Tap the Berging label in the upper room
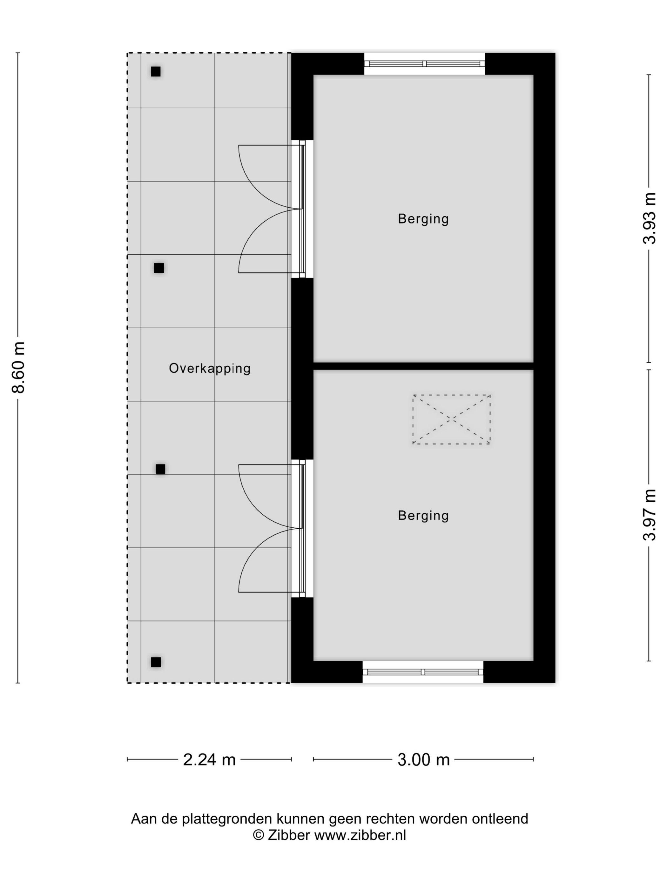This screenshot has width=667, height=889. coord(423,219)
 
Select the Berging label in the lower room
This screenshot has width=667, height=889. coord(423,515)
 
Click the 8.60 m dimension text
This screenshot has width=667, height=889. coord(18,367)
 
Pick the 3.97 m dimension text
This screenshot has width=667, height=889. coord(649,515)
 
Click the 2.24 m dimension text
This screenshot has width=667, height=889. coord(209,759)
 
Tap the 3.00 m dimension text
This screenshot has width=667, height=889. coord(423,759)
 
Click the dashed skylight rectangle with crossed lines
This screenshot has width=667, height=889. coord(451,419)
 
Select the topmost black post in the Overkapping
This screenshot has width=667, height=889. coord(156,71)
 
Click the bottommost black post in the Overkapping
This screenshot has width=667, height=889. coord(156,662)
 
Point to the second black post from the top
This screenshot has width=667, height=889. coord(159,268)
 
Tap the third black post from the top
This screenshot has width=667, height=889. coord(160,469)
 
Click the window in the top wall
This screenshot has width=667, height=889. coord(425,63)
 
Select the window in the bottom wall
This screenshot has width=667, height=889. coord(423,672)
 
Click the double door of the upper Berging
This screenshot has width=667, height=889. coord(272,209)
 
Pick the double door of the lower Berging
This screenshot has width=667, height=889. coord(272,529)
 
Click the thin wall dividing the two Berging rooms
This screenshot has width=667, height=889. coord(423,366)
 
